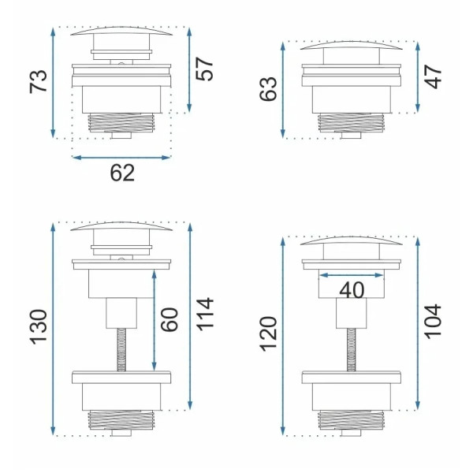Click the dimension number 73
39,81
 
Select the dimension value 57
204,69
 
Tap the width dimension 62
122,173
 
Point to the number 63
268,89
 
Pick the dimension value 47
433,76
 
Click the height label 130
39,326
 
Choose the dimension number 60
169,320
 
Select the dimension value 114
205,315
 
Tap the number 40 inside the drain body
352,290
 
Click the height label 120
268,334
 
